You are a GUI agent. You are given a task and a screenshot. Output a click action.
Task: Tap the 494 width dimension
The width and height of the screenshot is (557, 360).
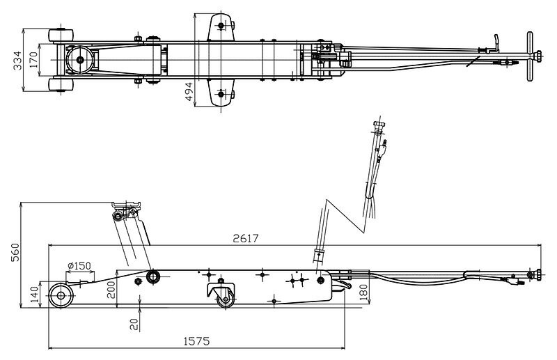point(189,91)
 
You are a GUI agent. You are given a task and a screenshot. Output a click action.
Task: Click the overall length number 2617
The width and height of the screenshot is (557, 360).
point(245,238)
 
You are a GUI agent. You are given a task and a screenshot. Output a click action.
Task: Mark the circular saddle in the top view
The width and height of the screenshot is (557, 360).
point(80,60)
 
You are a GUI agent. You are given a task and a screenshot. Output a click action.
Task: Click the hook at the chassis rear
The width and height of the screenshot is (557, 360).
point(341,283)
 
